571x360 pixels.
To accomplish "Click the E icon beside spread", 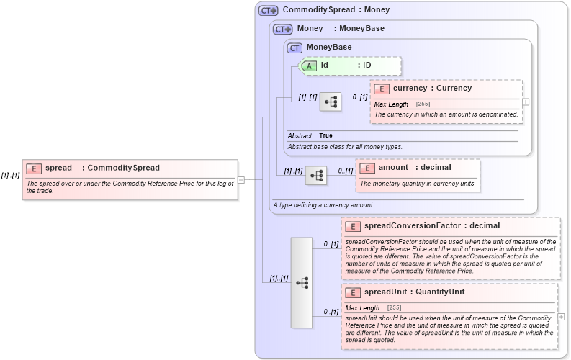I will [x=33, y=168].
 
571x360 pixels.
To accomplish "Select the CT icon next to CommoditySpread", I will [x=269, y=11].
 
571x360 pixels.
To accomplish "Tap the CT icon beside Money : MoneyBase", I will [x=283, y=30].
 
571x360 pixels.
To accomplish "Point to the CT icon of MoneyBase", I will [x=294, y=48].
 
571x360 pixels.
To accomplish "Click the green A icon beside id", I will [x=309, y=66].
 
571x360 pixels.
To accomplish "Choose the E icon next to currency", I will [x=382, y=89].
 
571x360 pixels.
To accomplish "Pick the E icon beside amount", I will [x=367, y=168].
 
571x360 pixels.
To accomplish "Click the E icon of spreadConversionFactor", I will [x=353, y=226].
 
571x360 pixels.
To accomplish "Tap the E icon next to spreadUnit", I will [x=353, y=292].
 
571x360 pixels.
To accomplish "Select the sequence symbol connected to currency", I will [x=331, y=102].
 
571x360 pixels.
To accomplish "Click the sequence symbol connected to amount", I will [x=316, y=175].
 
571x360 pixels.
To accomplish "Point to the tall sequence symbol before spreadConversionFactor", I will [x=302, y=282].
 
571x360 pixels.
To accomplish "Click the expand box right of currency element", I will [x=526, y=102].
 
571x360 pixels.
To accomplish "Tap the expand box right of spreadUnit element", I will [x=561, y=317].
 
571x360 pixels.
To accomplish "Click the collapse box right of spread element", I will [x=241, y=179].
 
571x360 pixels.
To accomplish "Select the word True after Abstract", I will [x=326, y=135].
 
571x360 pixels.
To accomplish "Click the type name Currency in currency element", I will [x=454, y=89].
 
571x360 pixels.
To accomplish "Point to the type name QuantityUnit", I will [x=440, y=292].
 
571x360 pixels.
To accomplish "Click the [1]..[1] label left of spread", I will [x=10, y=176].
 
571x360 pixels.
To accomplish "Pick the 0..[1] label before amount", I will [x=346, y=171].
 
